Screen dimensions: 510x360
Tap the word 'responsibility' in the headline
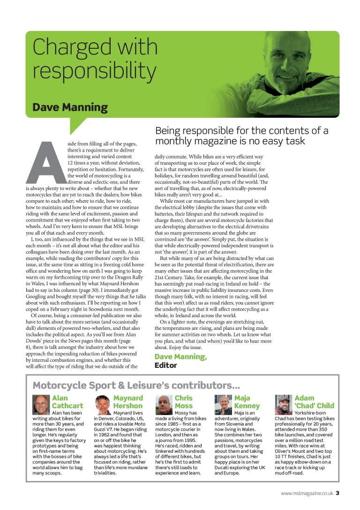tap(94, 71)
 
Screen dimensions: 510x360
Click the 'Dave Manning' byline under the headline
tap(70, 107)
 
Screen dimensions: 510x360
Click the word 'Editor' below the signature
tap(166, 365)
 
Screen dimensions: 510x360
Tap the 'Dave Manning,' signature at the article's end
tap(180, 357)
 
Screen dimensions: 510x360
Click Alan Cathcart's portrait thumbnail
tap(40, 403)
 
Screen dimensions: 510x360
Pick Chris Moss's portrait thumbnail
tap(163, 403)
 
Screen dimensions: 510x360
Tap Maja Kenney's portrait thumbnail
tap(222, 403)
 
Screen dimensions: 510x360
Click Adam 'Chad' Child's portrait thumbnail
tap(283, 403)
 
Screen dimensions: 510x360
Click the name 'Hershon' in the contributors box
tap(127, 406)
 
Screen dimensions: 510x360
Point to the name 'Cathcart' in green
tap(67, 406)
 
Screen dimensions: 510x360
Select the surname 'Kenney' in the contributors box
tap(247, 406)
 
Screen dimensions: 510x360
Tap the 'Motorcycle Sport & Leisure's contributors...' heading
tap(136, 386)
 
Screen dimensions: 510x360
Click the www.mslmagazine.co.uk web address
tap(307, 493)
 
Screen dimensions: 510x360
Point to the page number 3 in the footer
tap(337, 493)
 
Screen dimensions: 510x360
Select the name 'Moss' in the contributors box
tap(184, 406)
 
